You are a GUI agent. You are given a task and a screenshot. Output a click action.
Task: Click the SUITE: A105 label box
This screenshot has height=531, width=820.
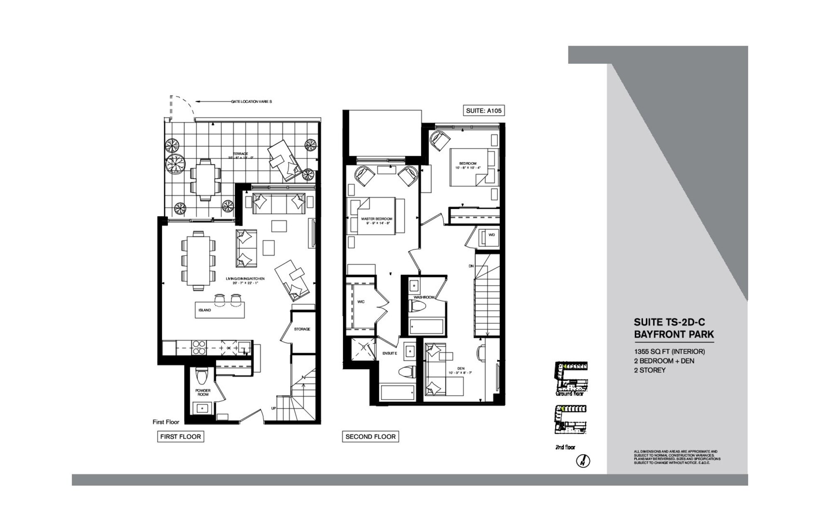(x=483, y=111)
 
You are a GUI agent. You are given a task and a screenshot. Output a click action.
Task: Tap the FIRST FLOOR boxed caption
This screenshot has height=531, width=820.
(x=180, y=436)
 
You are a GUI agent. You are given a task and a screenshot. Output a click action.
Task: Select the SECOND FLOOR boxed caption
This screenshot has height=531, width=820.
(x=370, y=436)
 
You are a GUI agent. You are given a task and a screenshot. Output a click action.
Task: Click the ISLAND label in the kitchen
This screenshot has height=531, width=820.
(x=204, y=310)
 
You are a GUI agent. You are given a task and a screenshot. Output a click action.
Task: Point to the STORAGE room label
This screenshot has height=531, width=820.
(x=302, y=329)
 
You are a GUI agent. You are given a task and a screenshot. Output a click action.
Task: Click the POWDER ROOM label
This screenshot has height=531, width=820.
(x=203, y=392)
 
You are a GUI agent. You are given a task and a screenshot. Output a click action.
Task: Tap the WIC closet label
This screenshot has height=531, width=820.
(x=361, y=302)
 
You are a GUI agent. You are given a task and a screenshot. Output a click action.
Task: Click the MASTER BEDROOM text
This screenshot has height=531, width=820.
(x=376, y=219)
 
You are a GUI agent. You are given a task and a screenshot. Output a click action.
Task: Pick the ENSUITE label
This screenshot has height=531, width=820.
(x=390, y=353)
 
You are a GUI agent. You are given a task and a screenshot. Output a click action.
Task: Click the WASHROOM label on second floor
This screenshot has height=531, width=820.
(x=423, y=297)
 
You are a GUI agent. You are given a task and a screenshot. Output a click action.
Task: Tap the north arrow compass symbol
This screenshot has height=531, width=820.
(x=583, y=461)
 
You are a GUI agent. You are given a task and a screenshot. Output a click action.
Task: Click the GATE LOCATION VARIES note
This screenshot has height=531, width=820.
(x=251, y=102)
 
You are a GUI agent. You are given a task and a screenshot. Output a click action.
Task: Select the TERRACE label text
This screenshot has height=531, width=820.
(x=240, y=154)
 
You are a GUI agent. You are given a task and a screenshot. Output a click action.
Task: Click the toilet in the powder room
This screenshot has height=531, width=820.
(x=202, y=377)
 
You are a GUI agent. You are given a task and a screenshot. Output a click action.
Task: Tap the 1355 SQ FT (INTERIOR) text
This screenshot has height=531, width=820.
(x=669, y=351)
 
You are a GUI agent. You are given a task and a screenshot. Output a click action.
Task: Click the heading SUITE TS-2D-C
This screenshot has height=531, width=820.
(x=669, y=322)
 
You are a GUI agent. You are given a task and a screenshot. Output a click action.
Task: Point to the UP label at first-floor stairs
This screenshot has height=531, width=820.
(x=274, y=408)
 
